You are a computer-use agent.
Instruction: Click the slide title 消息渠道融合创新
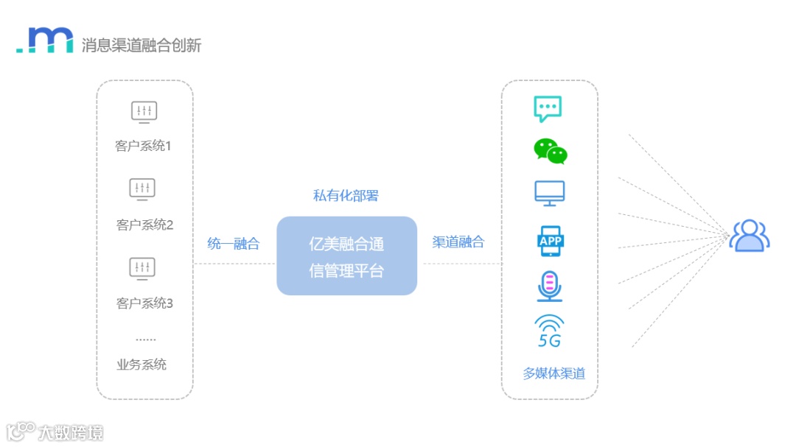[141, 45]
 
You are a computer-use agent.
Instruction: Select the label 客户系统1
[143, 146]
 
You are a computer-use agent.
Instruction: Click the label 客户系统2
[144, 225]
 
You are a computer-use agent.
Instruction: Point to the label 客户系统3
[144, 303]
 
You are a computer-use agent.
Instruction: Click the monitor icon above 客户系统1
[144, 112]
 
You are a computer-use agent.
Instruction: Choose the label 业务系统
[142, 365]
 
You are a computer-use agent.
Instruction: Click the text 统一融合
[234, 244]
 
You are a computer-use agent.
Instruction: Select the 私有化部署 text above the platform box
[346, 195]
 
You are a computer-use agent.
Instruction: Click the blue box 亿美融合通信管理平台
[346, 256]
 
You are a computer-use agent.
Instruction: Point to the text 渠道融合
[458, 242]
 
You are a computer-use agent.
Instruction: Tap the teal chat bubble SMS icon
[548, 109]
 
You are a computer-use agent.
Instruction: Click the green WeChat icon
[551, 151]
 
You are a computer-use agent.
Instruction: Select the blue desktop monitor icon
[550, 193]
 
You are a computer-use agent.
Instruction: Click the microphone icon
[550, 286]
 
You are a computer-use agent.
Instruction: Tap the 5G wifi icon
[549, 331]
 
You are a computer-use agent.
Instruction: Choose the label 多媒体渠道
[554, 373]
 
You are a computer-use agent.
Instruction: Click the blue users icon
[749, 236]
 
